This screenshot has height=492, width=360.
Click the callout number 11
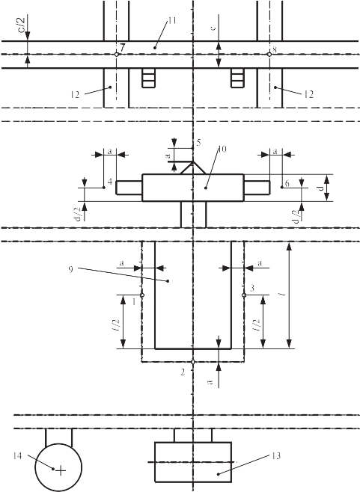(172, 21)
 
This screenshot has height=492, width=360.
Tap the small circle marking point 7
(117, 55)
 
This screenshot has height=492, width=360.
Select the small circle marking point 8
(269, 55)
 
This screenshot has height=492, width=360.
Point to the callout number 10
(222, 149)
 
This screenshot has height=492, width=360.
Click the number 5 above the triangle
(198, 143)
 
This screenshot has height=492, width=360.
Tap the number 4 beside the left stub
(109, 182)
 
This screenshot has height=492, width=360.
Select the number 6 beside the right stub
(287, 183)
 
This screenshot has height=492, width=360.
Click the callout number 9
(70, 269)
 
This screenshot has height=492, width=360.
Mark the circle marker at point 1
(142, 295)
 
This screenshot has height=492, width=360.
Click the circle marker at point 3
(244, 295)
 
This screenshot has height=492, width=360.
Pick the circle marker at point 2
(193, 362)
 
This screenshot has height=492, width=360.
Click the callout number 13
(276, 456)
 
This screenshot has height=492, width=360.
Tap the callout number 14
(17, 456)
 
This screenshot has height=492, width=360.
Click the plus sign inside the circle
(61, 470)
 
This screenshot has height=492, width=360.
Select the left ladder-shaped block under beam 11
(149, 78)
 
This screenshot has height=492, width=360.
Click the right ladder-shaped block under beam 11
(237, 78)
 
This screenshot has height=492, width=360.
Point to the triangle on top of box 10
(193, 168)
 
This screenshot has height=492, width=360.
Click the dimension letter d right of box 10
(320, 188)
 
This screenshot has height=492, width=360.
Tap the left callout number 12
(75, 94)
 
